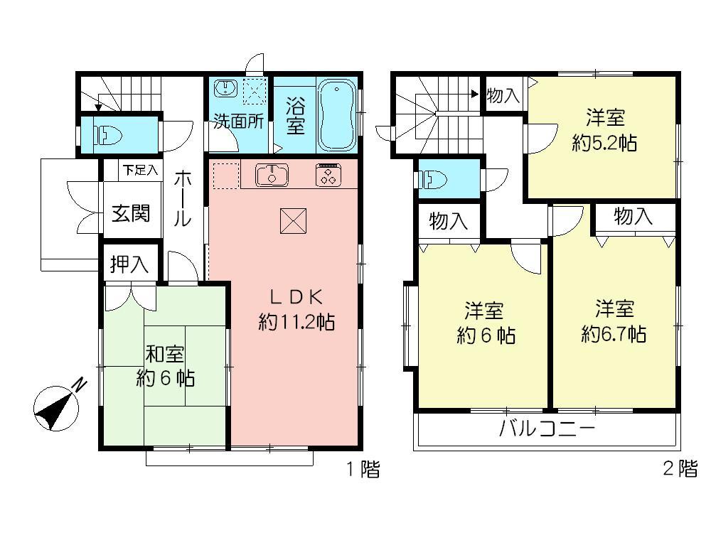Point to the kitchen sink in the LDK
tap(269, 174)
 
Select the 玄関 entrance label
tap(130, 212)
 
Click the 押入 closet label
tap(129, 265)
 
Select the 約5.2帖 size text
tap(604, 143)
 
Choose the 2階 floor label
tap(680, 469)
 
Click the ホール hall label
tap(182, 200)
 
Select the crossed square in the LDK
tap(293, 220)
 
